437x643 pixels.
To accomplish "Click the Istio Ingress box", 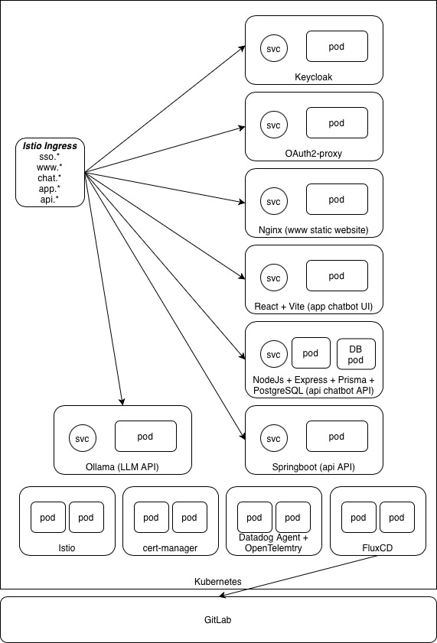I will coord(50,172).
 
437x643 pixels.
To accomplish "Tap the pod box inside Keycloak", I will coord(337,47).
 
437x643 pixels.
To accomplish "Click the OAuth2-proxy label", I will coord(314,153).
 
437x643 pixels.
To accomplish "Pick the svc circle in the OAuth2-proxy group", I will coord(272,124).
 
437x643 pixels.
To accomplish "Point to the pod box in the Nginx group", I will coord(337,200).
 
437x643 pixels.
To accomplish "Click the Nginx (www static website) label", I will coord(314,229).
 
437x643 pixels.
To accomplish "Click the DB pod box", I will coord(356,353).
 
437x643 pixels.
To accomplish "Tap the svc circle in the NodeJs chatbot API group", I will coord(272,354).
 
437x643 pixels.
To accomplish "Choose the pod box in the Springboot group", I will coord(337,437).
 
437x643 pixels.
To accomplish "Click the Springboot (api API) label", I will coord(314,466).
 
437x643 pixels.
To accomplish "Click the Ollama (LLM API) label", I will coord(122,466).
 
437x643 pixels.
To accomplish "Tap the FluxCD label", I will coord(379,547).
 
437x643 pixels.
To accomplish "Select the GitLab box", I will coord(218,619).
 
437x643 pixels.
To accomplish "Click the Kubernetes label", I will coord(218,582).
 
